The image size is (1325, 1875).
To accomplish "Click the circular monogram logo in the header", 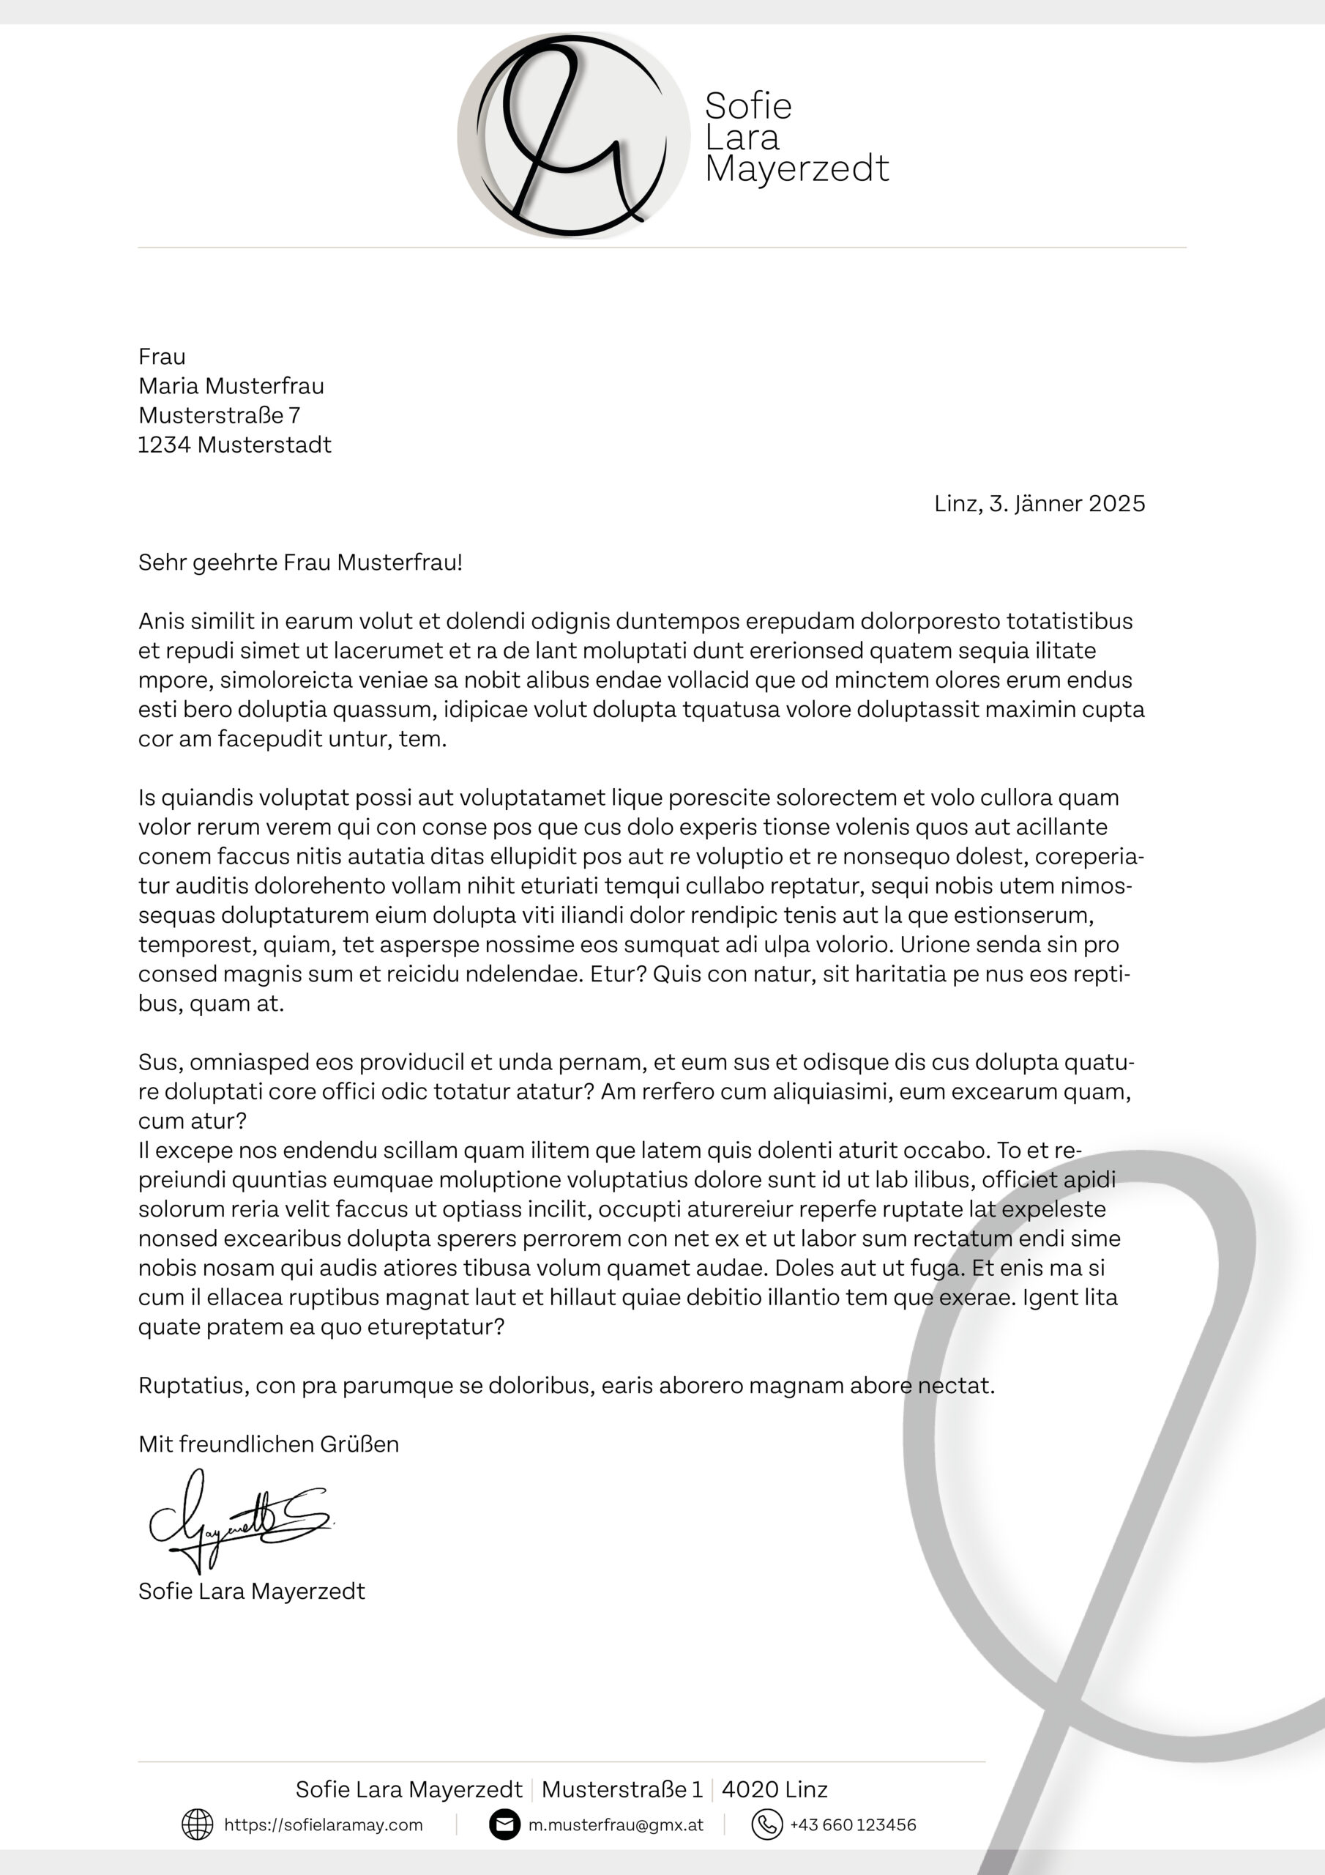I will [573, 135].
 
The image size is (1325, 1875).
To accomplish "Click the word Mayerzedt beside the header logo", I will [796, 169].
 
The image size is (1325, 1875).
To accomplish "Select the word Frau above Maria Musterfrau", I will [162, 357].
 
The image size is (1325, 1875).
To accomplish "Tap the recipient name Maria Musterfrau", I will [231, 386].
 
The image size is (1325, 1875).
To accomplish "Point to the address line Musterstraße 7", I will [219, 416].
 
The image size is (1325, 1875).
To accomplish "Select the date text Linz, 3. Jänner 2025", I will [1039, 504].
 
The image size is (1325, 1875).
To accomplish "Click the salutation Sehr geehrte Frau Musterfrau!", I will [299, 562].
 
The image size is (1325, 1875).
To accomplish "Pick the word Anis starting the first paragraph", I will [161, 622].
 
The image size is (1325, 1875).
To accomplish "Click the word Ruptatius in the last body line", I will [193, 1386].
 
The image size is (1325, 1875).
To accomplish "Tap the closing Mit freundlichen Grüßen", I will [269, 1444].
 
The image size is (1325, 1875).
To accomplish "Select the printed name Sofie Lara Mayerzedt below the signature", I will [251, 1592].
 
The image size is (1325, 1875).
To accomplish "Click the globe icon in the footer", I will [197, 1825].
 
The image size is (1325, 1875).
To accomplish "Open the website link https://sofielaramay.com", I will [324, 1825].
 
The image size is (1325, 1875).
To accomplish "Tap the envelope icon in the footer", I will [504, 1825].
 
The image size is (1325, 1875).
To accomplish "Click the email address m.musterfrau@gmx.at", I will [616, 1825].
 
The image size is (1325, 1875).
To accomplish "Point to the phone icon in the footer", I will [766, 1825].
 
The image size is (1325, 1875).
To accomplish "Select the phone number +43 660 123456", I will [853, 1825].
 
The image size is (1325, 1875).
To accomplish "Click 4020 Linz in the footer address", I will [774, 1790].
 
